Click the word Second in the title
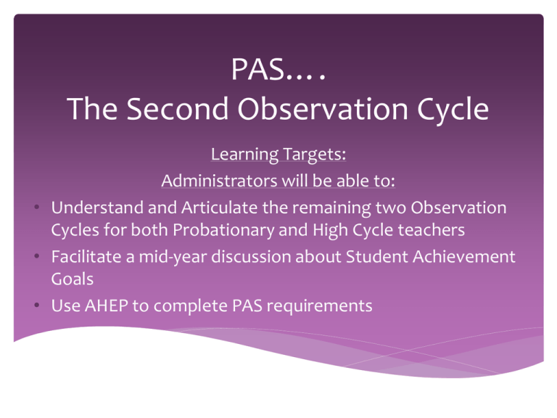177,108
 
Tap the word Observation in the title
323,108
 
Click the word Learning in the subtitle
244,155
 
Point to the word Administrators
219,181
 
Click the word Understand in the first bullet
96,208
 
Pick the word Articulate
220,208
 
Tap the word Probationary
223,230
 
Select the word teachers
432,230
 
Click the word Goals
73,279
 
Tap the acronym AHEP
107,306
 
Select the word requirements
319,306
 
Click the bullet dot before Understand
36,207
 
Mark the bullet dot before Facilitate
36,256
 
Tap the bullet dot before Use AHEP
36,305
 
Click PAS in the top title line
258,69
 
